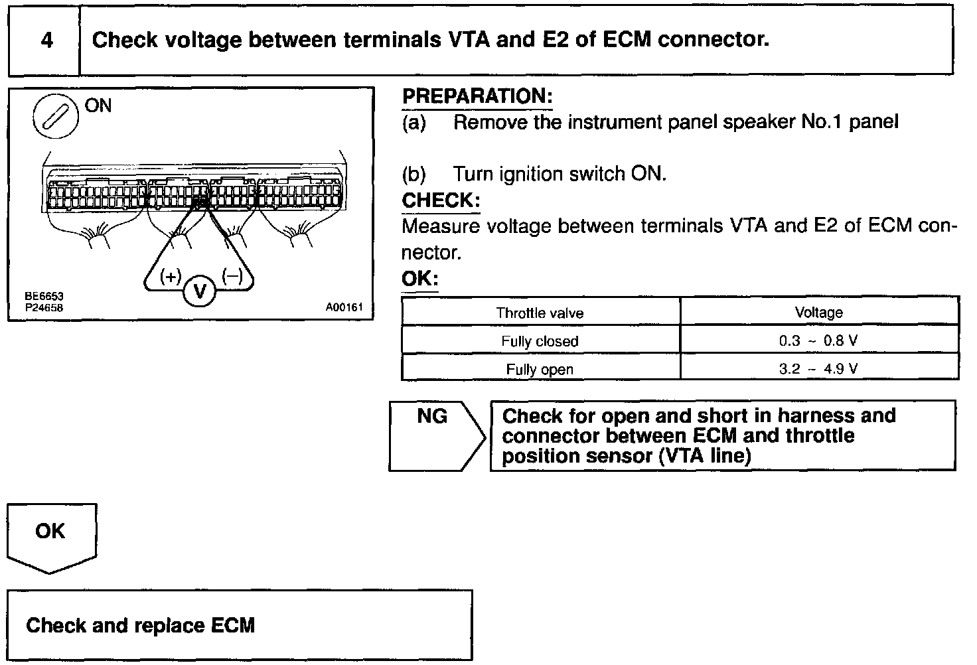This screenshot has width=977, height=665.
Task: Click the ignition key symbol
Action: (51, 117)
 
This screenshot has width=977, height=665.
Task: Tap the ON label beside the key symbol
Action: (98, 106)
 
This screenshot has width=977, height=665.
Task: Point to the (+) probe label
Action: (171, 277)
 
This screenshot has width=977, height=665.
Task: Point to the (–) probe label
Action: (232, 276)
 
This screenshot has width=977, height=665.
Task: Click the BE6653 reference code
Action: (44, 297)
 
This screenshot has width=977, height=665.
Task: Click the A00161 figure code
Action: (344, 307)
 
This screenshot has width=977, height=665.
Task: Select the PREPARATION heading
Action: (477, 96)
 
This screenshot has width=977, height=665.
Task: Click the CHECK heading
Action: (440, 200)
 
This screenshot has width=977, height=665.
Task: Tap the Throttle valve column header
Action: (540, 313)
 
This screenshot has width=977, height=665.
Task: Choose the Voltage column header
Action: (818, 313)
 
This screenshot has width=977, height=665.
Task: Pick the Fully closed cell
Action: (540, 341)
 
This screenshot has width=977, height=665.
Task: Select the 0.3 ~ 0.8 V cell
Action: (818, 341)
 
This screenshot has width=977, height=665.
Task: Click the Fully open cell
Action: (540, 369)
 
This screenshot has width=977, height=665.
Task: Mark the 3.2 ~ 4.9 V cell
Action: (818, 369)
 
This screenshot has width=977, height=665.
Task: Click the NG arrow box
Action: (435, 435)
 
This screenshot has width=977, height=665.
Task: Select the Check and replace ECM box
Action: (240, 625)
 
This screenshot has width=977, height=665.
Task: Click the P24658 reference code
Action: (44, 307)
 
